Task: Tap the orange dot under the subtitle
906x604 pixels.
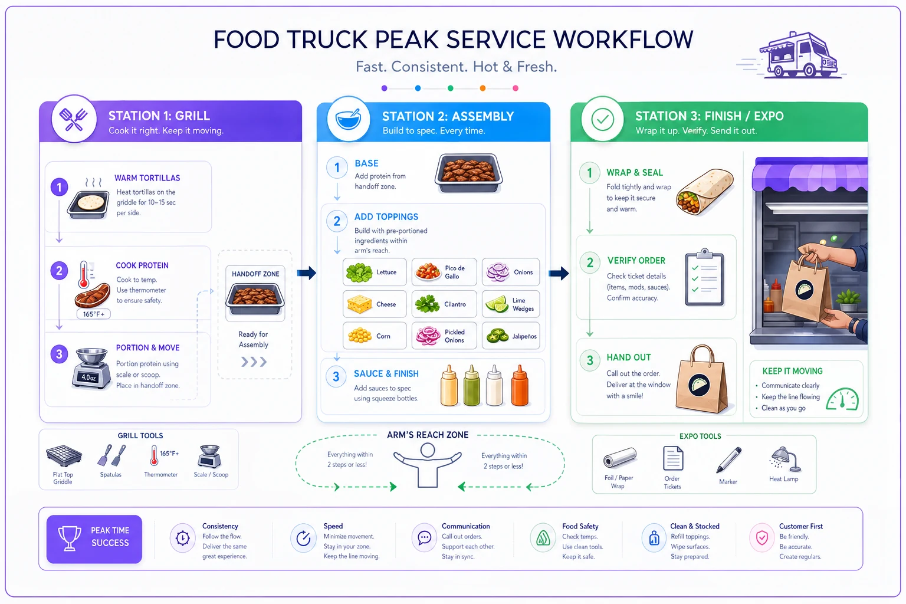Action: point(482,88)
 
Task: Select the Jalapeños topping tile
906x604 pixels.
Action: point(511,336)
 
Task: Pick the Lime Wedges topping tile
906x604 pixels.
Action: point(511,304)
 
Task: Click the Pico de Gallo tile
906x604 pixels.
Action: point(444,272)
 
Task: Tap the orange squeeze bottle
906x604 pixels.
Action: point(520,385)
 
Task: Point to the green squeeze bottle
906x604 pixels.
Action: point(472,385)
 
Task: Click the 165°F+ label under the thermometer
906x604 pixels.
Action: point(93,314)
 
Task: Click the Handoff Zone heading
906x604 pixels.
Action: point(255,274)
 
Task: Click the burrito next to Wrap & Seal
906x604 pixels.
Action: point(705,192)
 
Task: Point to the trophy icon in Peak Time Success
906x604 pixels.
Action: point(69,539)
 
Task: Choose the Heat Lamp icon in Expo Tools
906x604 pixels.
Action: point(785,459)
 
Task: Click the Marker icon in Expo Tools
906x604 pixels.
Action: point(728,459)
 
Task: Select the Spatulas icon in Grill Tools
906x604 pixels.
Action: point(111,456)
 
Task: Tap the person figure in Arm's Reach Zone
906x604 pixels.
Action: point(428,465)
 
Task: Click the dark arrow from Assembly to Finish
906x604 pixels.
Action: point(559,273)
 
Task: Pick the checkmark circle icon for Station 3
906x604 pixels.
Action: point(602,119)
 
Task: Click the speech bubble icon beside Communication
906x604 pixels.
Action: point(424,538)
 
